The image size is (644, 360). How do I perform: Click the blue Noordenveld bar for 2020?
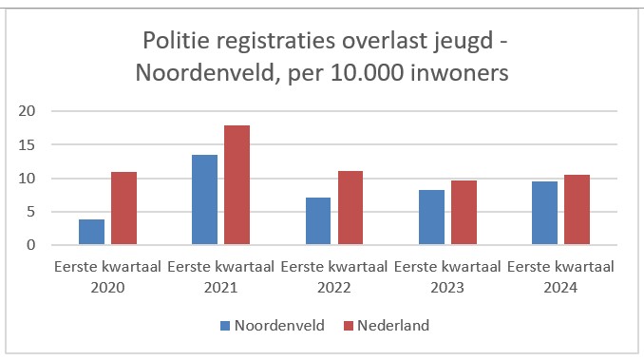tap(91, 233)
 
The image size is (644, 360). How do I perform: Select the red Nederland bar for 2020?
tap(123, 209)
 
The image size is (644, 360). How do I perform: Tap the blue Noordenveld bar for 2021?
tap(204, 200)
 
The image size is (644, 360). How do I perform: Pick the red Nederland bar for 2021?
tap(237, 185)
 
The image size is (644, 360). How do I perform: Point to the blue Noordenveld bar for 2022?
tap(318, 221)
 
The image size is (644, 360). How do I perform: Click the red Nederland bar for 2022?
tap(350, 208)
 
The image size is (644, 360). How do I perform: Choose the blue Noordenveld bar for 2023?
tap(432, 218)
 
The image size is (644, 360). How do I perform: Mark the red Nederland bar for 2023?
tap(464, 213)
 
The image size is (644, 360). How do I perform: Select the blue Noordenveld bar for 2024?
tap(545, 214)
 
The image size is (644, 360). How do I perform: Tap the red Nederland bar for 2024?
tap(578, 210)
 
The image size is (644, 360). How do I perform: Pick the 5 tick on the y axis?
tap(29, 212)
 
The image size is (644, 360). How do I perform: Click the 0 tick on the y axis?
tap(29, 246)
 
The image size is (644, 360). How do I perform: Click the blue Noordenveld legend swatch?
tap(225, 326)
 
